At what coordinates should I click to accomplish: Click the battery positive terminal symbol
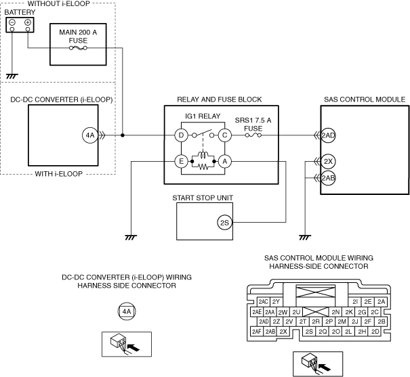tap(28, 22)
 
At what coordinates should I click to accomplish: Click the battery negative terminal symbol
tap(12, 22)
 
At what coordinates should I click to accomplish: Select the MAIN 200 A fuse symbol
tap(78, 48)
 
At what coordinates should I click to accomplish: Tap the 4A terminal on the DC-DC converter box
tap(90, 135)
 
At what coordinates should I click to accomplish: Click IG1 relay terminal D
tap(181, 135)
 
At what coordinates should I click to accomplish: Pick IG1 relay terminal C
tap(224, 135)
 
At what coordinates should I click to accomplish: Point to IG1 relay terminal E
tap(181, 162)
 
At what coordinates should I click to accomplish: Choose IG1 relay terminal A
tap(224, 162)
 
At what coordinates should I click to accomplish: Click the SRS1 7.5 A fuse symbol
tap(253, 135)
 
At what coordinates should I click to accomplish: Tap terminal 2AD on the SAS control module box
tap(328, 135)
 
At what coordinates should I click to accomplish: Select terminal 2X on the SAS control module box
tap(328, 161)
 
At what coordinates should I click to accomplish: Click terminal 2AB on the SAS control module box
tap(328, 178)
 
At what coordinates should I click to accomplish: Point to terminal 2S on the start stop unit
tap(224, 223)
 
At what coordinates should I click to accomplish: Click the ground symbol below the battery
tap(12, 76)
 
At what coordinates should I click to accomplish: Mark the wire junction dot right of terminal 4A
tap(123, 135)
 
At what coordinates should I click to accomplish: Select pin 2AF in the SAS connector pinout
tap(257, 332)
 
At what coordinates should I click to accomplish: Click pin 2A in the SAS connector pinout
tap(382, 302)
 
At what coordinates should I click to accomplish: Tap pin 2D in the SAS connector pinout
tap(375, 332)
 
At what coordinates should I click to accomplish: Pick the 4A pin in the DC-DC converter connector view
tap(127, 311)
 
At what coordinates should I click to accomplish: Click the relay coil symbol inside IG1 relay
tap(203, 156)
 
